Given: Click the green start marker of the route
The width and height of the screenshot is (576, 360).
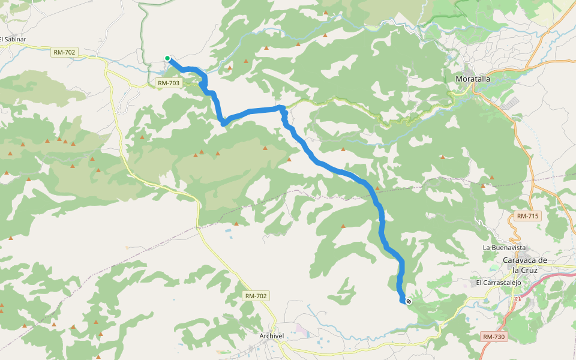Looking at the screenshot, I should pyautogui.click(x=168, y=58).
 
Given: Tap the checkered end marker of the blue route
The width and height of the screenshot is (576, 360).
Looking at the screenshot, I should pyautogui.click(x=409, y=301).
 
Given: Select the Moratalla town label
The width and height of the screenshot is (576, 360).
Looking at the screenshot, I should pyautogui.click(x=473, y=79).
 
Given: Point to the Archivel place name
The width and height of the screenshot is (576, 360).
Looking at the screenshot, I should pyautogui.click(x=272, y=336).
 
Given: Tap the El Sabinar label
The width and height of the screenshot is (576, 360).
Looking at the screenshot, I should pyautogui.click(x=13, y=40).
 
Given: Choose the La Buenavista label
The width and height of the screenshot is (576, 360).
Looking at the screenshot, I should pyautogui.click(x=504, y=247).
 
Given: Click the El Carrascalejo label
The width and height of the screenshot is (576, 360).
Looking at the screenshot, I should pyautogui.click(x=499, y=282).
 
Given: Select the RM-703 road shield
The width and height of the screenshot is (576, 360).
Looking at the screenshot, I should pyautogui.click(x=168, y=83).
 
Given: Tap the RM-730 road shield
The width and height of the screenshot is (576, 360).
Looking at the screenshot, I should pyautogui.click(x=494, y=337).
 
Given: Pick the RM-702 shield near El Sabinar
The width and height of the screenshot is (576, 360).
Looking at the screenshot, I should pyautogui.click(x=64, y=52).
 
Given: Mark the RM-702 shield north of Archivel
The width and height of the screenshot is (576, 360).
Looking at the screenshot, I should pyautogui.click(x=256, y=296).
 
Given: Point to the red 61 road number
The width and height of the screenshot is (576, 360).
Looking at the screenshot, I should pyautogui.click(x=517, y=299).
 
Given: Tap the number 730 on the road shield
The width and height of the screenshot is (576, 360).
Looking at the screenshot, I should pyautogui.click(x=499, y=337).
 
